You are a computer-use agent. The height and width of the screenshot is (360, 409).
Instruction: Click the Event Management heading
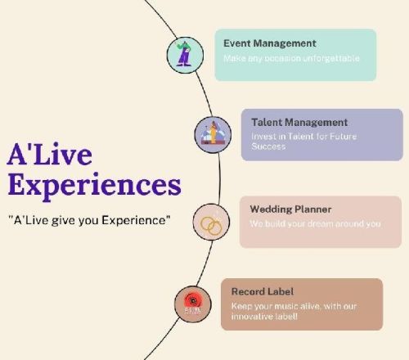[269, 43]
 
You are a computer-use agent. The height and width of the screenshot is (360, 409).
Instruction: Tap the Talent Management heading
[299, 122]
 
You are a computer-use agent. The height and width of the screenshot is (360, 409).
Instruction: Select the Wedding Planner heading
[290, 209]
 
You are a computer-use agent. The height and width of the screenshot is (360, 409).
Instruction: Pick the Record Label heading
[263, 291]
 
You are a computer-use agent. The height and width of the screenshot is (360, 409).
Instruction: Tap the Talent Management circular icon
[211, 133]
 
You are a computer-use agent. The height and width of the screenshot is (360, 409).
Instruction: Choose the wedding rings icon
[210, 222]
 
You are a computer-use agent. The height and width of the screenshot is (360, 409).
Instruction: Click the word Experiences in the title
[93, 183]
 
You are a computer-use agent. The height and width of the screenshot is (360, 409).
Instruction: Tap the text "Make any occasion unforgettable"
[291, 59]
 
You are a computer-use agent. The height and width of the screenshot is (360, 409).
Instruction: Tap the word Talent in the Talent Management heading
[267, 122]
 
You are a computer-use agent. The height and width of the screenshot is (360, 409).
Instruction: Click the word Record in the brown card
[249, 291]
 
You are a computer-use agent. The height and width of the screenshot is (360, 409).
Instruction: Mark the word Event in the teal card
[237, 43]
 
